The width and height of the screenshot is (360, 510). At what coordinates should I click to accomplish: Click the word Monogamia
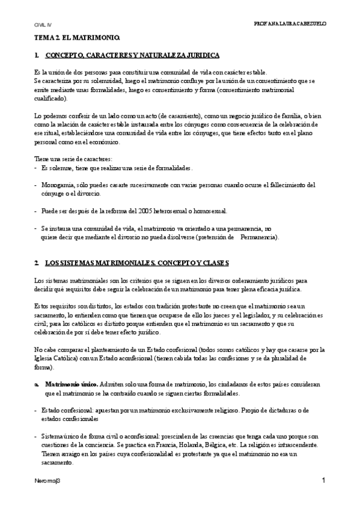pos(55,185)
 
